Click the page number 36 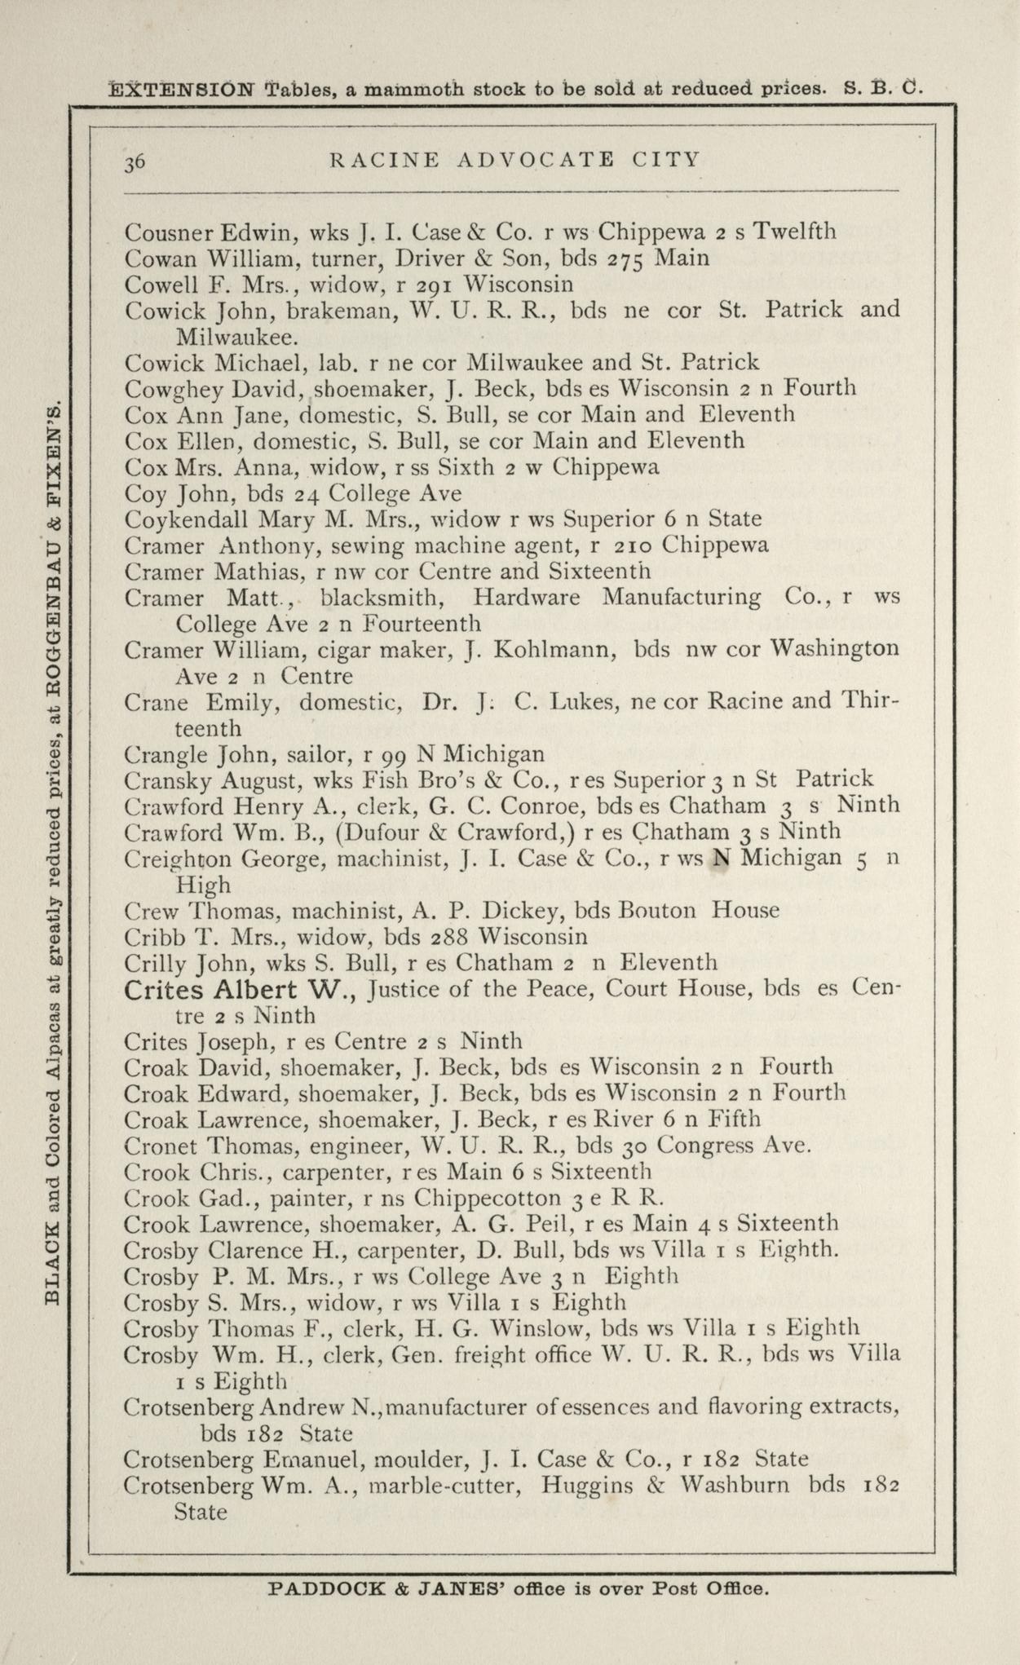135,161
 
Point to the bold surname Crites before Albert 166,991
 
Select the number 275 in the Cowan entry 627,259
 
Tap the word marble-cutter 445,1485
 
